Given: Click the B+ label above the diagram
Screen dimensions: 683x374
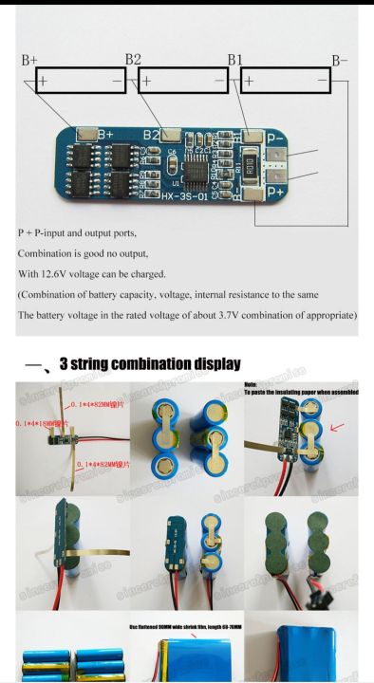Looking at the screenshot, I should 29,60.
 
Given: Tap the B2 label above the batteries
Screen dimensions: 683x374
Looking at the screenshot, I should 133,60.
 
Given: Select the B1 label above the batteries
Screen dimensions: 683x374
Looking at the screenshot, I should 235,60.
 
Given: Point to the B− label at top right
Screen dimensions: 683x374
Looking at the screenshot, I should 339,60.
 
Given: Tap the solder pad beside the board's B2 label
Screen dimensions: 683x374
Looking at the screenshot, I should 173,135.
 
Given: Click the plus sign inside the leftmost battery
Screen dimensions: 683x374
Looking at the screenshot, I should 43,82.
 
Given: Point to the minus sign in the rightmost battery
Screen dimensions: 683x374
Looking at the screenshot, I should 323,82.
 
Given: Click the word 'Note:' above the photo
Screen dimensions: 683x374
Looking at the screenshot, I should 253,382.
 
